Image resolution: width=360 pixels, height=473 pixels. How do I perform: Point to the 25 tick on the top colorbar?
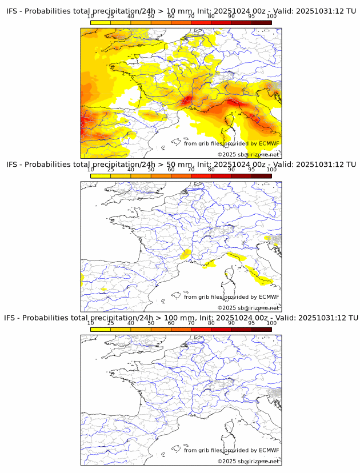[x=111, y=17]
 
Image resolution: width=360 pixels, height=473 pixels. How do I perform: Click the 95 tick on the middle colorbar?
[x=251, y=170]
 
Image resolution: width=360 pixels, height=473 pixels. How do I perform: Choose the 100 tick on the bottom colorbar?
[x=271, y=323]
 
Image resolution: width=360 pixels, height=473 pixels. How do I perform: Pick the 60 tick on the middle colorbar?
[x=171, y=170]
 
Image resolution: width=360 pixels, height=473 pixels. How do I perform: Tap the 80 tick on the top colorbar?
[x=211, y=17]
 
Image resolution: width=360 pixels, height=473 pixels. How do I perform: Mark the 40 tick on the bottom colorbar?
[x=131, y=323]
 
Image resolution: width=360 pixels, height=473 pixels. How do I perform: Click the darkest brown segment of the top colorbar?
[x=261, y=22]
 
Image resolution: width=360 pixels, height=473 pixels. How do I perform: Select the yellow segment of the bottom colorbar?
[x=101, y=329]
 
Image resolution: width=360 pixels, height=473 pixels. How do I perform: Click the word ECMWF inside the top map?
[x=269, y=143]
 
